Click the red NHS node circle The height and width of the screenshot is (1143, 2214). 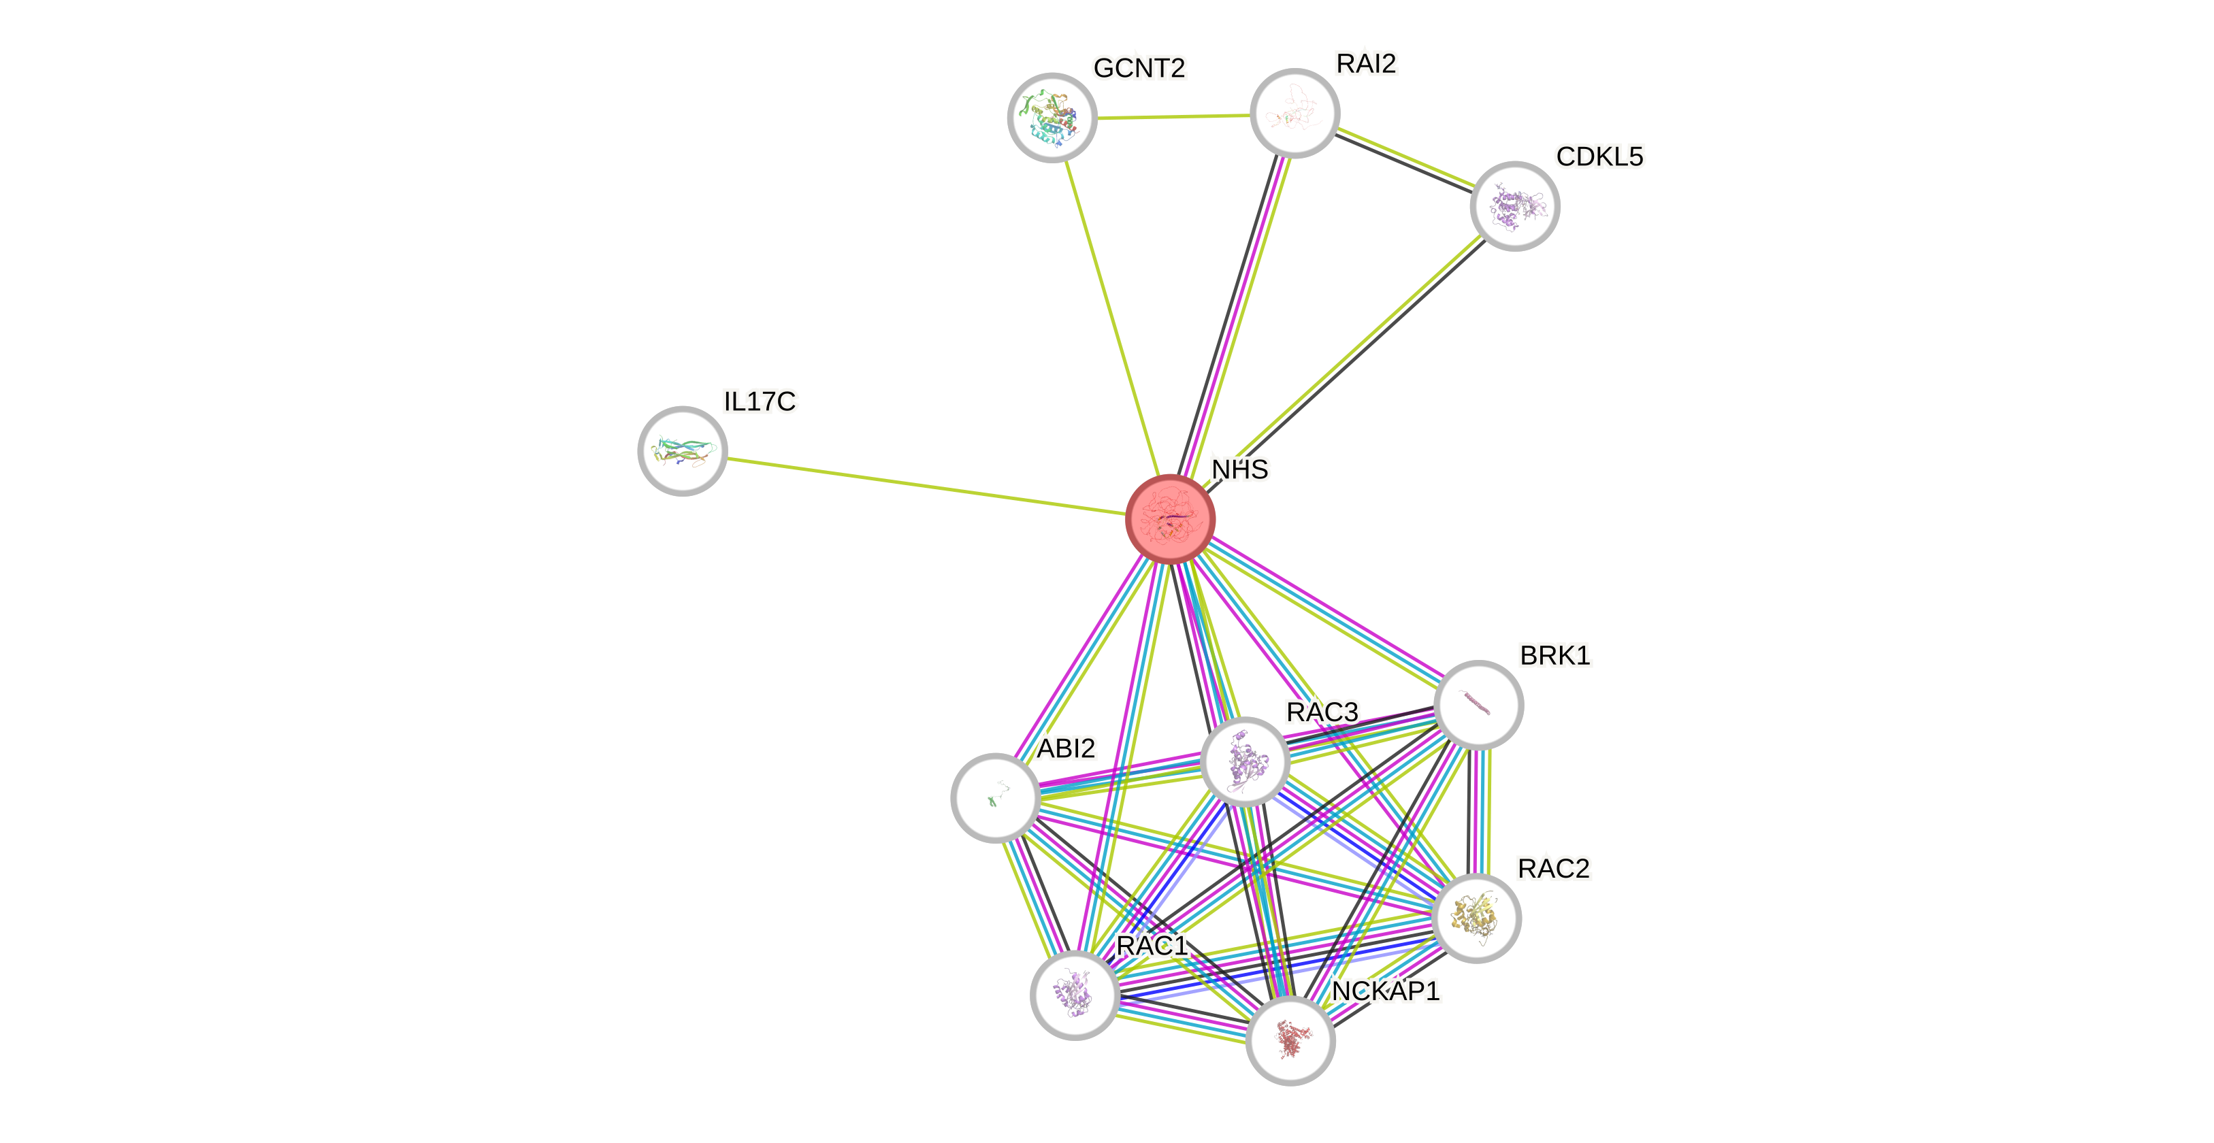point(1170,518)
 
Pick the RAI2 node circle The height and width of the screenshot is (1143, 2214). point(1295,112)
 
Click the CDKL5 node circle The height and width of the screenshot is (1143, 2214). point(1514,206)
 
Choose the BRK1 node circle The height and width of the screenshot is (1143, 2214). point(1478,705)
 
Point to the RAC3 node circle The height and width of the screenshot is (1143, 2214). point(1245,761)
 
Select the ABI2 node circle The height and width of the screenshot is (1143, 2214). point(995,797)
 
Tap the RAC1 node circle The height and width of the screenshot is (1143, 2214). point(1075,995)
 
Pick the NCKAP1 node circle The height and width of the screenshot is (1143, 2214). point(1290,1041)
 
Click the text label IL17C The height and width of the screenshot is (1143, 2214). point(760,401)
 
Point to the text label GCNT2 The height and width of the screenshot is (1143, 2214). point(1139,68)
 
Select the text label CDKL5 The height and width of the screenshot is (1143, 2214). point(1599,156)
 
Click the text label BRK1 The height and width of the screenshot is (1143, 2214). point(1554,656)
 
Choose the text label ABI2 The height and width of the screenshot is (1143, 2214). point(1066,748)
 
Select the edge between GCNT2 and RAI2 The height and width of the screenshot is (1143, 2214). point(1173,116)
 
